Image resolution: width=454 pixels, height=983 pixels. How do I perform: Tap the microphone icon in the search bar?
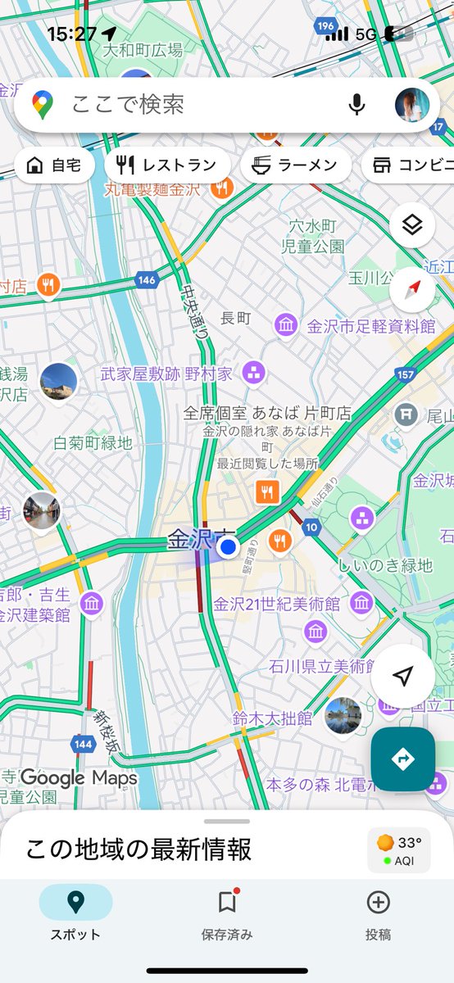tap(356, 104)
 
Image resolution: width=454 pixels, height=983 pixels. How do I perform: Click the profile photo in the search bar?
tap(412, 105)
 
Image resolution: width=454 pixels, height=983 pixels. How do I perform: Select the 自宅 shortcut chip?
tap(54, 165)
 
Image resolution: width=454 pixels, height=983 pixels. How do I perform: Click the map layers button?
tap(411, 224)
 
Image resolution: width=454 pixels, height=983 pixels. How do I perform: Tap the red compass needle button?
tap(411, 289)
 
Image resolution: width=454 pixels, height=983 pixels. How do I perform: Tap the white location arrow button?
tap(402, 676)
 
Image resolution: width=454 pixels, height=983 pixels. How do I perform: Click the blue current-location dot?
tap(229, 546)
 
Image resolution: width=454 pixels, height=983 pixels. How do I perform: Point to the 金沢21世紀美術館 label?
tap(276, 605)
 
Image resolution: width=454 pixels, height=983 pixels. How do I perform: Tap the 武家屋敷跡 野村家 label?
tap(166, 374)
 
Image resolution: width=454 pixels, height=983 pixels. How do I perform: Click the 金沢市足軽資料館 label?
tap(371, 326)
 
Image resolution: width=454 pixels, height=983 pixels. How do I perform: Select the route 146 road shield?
tap(147, 280)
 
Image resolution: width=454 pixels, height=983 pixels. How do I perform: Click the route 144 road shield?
tap(83, 745)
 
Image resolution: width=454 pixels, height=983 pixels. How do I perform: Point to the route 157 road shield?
tap(405, 374)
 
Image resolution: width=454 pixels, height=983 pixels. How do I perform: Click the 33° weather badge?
tap(399, 849)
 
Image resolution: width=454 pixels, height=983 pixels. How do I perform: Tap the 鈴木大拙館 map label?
tap(272, 718)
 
